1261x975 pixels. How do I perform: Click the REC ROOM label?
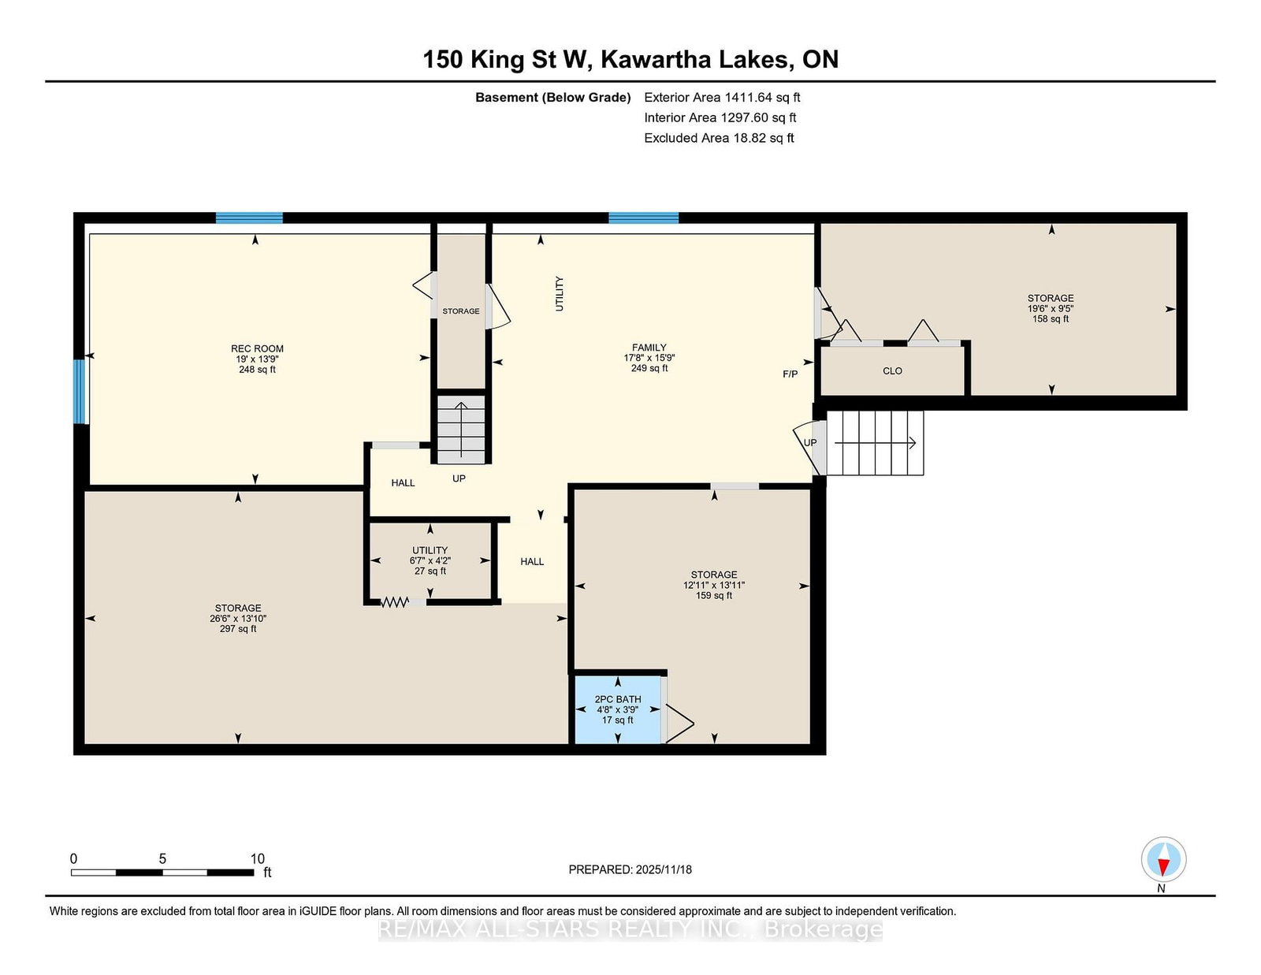tap(257, 349)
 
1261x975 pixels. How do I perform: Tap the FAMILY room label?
tap(649, 348)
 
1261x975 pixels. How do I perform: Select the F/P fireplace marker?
tap(790, 374)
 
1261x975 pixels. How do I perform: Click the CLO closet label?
tap(892, 371)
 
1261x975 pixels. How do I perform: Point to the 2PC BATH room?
tap(618, 709)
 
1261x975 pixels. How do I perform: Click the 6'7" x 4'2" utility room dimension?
tap(430, 560)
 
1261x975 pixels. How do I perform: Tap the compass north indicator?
tap(1163, 860)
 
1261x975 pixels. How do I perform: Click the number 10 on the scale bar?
tap(257, 859)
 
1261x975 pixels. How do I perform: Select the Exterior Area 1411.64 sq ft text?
tap(722, 98)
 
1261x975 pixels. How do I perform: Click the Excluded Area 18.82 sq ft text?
tap(719, 138)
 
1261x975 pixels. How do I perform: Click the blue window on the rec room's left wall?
tap(79, 392)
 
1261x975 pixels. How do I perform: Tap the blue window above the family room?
tap(644, 218)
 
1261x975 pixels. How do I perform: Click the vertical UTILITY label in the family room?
tap(560, 294)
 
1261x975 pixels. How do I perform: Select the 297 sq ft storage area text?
tap(238, 628)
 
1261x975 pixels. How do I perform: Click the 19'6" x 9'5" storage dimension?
tap(1051, 309)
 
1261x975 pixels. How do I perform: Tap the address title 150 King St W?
tap(508, 59)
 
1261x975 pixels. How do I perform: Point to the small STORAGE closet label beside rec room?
tap(461, 311)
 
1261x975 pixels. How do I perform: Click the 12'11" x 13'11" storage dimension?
tap(714, 585)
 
